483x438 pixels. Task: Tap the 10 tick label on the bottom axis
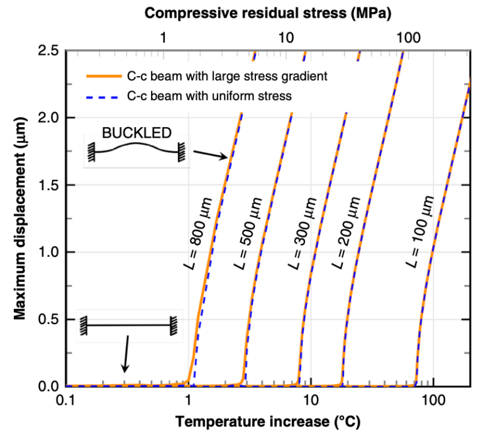click(x=311, y=401)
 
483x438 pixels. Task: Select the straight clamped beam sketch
click(x=128, y=325)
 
